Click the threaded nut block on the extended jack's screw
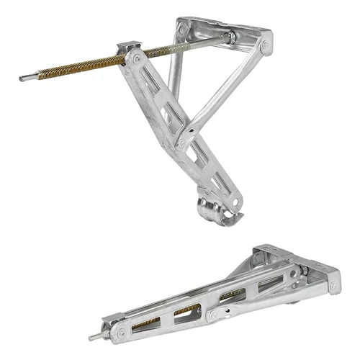(130, 51)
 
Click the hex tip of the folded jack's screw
(93, 337)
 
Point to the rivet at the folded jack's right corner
(333, 286)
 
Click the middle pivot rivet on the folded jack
(210, 315)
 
